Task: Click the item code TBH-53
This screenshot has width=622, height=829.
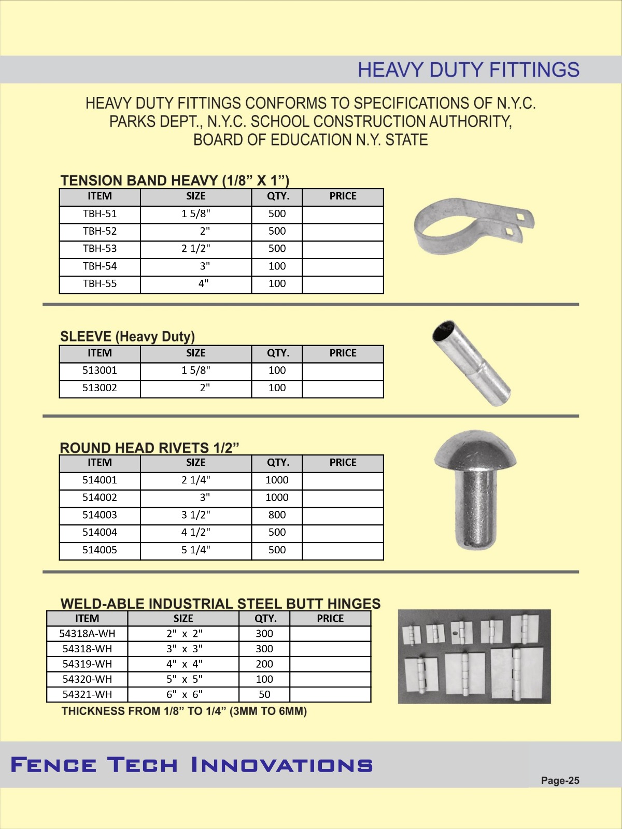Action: (100, 249)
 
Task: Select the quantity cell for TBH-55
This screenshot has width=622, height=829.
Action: (277, 284)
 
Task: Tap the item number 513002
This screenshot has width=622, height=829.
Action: (100, 388)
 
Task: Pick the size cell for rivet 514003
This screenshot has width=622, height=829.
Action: (196, 515)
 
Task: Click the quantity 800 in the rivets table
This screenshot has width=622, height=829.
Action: (277, 515)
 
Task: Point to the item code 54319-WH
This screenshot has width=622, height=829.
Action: (87, 664)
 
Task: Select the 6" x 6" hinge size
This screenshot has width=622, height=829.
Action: (184, 695)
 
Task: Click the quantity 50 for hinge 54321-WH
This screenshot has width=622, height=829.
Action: (264, 695)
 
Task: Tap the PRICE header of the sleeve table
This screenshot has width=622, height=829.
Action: (343, 353)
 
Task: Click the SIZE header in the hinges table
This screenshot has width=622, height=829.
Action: (183, 619)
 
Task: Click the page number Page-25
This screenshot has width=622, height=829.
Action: (560, 781)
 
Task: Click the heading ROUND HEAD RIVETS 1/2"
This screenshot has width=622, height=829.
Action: (149, 448)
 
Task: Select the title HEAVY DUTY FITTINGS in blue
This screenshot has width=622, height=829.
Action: (468, 70)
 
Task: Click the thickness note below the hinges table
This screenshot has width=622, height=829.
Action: (184, 711)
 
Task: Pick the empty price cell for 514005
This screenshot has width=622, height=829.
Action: (343, 550)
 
